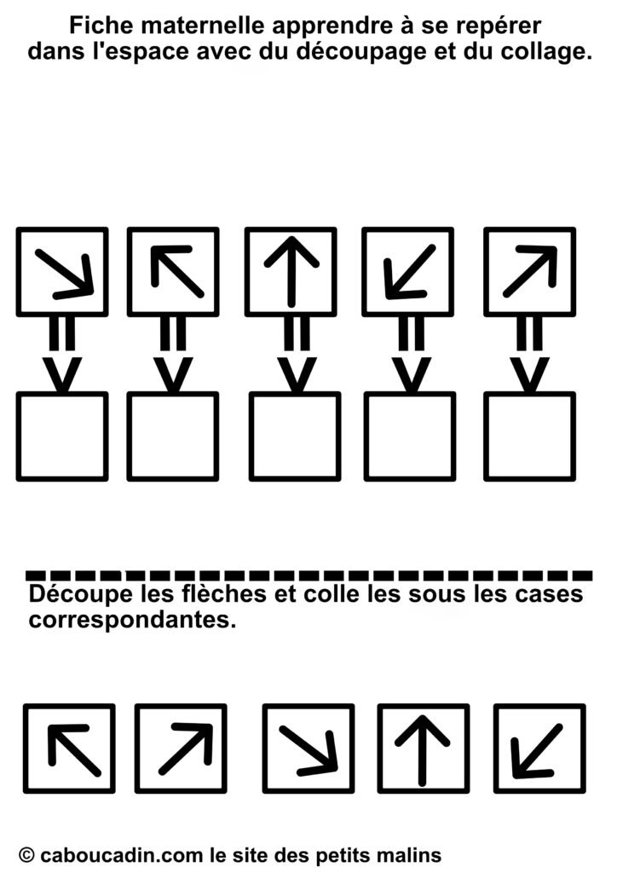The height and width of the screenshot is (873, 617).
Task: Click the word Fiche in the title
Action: click(x=94, y=26)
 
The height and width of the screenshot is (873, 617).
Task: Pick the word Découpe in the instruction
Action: click(x=81, y=595)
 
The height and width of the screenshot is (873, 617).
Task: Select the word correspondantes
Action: click(x=132, y=620)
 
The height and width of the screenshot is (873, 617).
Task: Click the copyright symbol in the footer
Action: click(x=26, y=854)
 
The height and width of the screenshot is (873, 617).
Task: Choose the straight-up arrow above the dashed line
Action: click(x=291, y=272)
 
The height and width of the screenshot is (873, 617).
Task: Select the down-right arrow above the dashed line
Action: click(x=65, y=274)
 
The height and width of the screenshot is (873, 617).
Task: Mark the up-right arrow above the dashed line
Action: click(x=530, y=270)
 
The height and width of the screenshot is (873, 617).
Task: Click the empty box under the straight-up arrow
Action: click(x=295, y=436)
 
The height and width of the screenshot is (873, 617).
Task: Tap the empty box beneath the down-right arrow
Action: click(x=62, y=436)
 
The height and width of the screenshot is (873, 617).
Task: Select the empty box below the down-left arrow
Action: click(x=410, y=436)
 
